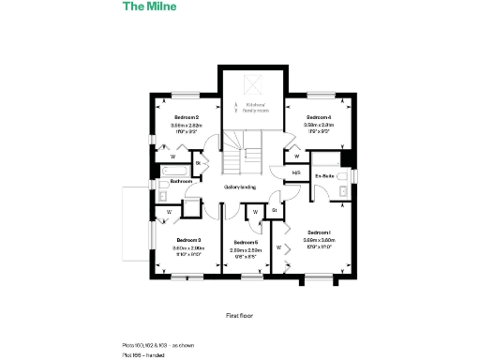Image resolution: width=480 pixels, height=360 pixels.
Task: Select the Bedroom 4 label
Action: (319, 116)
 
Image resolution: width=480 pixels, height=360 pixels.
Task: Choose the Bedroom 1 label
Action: (320, 232)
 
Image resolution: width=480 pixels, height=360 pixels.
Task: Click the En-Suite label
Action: (325, 175)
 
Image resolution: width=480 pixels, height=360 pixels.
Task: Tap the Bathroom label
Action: (181, 181)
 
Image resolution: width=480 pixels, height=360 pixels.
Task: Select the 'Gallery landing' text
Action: (240, 187)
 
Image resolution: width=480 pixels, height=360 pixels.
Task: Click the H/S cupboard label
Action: (296, 173)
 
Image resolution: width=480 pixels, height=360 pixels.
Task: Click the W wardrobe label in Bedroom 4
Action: (296, 157)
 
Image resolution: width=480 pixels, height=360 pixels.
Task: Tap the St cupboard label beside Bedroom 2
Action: (199, 164)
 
